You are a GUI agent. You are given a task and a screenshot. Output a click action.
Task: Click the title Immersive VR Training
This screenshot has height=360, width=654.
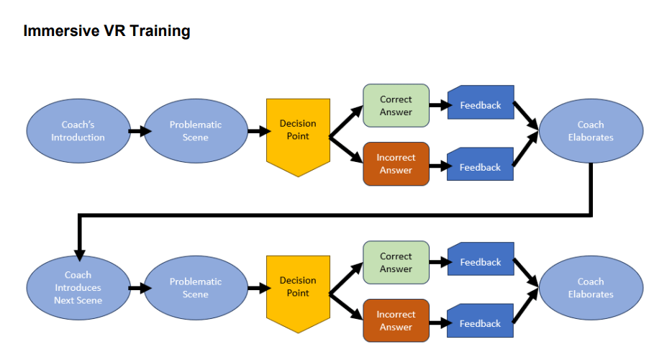(106, 31)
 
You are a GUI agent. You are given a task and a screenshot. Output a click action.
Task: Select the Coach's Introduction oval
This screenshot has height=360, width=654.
(78, 131)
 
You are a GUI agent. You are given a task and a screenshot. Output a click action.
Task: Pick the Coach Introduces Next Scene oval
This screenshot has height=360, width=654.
(78, 287)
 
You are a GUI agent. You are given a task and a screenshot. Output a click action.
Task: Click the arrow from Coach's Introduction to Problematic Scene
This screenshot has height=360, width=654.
(140, 131)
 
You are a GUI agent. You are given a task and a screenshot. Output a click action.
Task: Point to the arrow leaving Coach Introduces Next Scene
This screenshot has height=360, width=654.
(140, 288)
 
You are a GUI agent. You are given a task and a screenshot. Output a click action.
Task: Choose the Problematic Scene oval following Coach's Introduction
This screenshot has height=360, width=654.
(195, 131)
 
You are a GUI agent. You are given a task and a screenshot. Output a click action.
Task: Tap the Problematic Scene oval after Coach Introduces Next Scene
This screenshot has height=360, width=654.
(195, 288)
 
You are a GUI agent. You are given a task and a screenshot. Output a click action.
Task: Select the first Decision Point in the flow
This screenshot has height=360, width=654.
(298, 133)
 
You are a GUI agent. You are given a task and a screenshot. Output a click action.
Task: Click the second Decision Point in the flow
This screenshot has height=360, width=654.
(298, 289)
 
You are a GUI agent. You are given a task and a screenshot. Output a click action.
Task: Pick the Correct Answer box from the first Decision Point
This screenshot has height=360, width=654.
(396, 106)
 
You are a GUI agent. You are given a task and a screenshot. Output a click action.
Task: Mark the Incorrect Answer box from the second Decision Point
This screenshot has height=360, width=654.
(396, 320)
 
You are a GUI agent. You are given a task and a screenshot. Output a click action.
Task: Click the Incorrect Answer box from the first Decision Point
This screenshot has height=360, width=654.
(396, 164)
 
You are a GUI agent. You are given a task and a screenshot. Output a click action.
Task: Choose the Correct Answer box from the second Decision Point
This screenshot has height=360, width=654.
(396, 262)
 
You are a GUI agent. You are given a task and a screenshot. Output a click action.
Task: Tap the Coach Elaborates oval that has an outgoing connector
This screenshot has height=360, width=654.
(590, 131)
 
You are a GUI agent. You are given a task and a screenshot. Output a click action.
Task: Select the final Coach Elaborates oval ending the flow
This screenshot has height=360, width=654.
(590, 288)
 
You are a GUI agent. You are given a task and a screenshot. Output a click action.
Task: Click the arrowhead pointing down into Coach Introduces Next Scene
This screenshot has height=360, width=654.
(79, 253)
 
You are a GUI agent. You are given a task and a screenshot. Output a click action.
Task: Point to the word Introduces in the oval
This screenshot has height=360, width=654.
(78, 287)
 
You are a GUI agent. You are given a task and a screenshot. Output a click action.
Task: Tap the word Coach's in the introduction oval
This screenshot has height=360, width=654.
(78, 125)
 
